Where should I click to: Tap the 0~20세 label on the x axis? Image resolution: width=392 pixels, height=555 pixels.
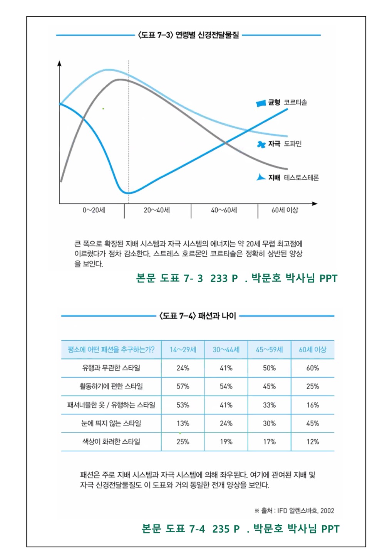click(94, 210)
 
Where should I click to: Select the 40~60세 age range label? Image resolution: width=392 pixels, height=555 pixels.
click(224, 210)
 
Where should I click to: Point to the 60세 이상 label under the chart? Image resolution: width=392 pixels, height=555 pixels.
click(285, 210)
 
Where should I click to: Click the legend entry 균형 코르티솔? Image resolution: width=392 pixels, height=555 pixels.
click(283, 103)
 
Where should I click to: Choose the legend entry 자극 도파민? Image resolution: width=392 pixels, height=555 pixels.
click(280, 144)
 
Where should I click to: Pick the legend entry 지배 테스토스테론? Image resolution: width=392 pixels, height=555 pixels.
click(288, 178)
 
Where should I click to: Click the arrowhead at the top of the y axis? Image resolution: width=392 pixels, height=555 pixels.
click(59, 64)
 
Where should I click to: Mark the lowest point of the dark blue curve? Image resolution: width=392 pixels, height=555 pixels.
click(129, 193)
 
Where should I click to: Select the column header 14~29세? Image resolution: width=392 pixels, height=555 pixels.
click(183, 350)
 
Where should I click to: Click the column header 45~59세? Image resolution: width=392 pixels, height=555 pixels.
click(269, 350)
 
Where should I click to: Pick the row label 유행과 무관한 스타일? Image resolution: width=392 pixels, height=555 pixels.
click(111, 368)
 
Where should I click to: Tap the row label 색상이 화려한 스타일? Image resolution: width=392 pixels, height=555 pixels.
click(111, 442)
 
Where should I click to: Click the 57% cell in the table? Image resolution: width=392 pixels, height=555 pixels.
click(183, 386)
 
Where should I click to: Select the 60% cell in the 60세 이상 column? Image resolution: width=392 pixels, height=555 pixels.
click(312, 368)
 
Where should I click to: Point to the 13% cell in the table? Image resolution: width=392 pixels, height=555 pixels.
click(183, 423)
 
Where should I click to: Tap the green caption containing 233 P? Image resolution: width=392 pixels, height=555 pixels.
click(236, 278)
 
